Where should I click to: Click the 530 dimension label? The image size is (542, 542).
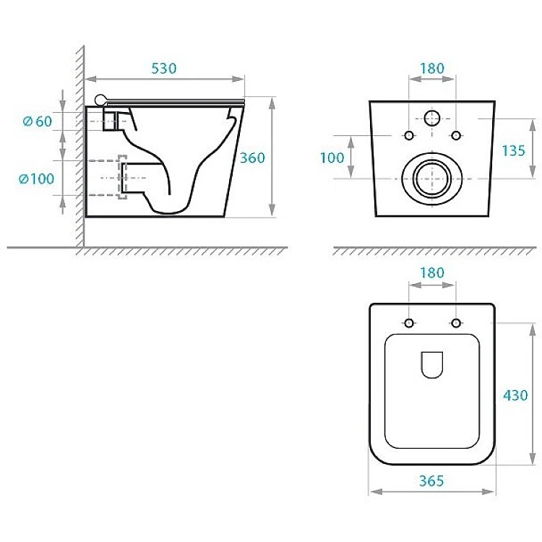click(164, 69)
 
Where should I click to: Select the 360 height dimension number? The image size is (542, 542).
click(252, 158)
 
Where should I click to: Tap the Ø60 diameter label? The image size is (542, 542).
click(38, 121)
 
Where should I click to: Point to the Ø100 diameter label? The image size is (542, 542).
click(37, 178)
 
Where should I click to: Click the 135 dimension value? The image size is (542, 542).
click(513, 151)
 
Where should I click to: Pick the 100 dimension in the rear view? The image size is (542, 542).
click(332, 158)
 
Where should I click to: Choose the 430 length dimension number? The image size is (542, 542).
click(515, 395)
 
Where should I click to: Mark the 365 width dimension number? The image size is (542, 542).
click(431, 481)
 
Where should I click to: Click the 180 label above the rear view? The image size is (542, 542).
click(432, 69)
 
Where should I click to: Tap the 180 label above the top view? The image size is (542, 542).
click(432, 272)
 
